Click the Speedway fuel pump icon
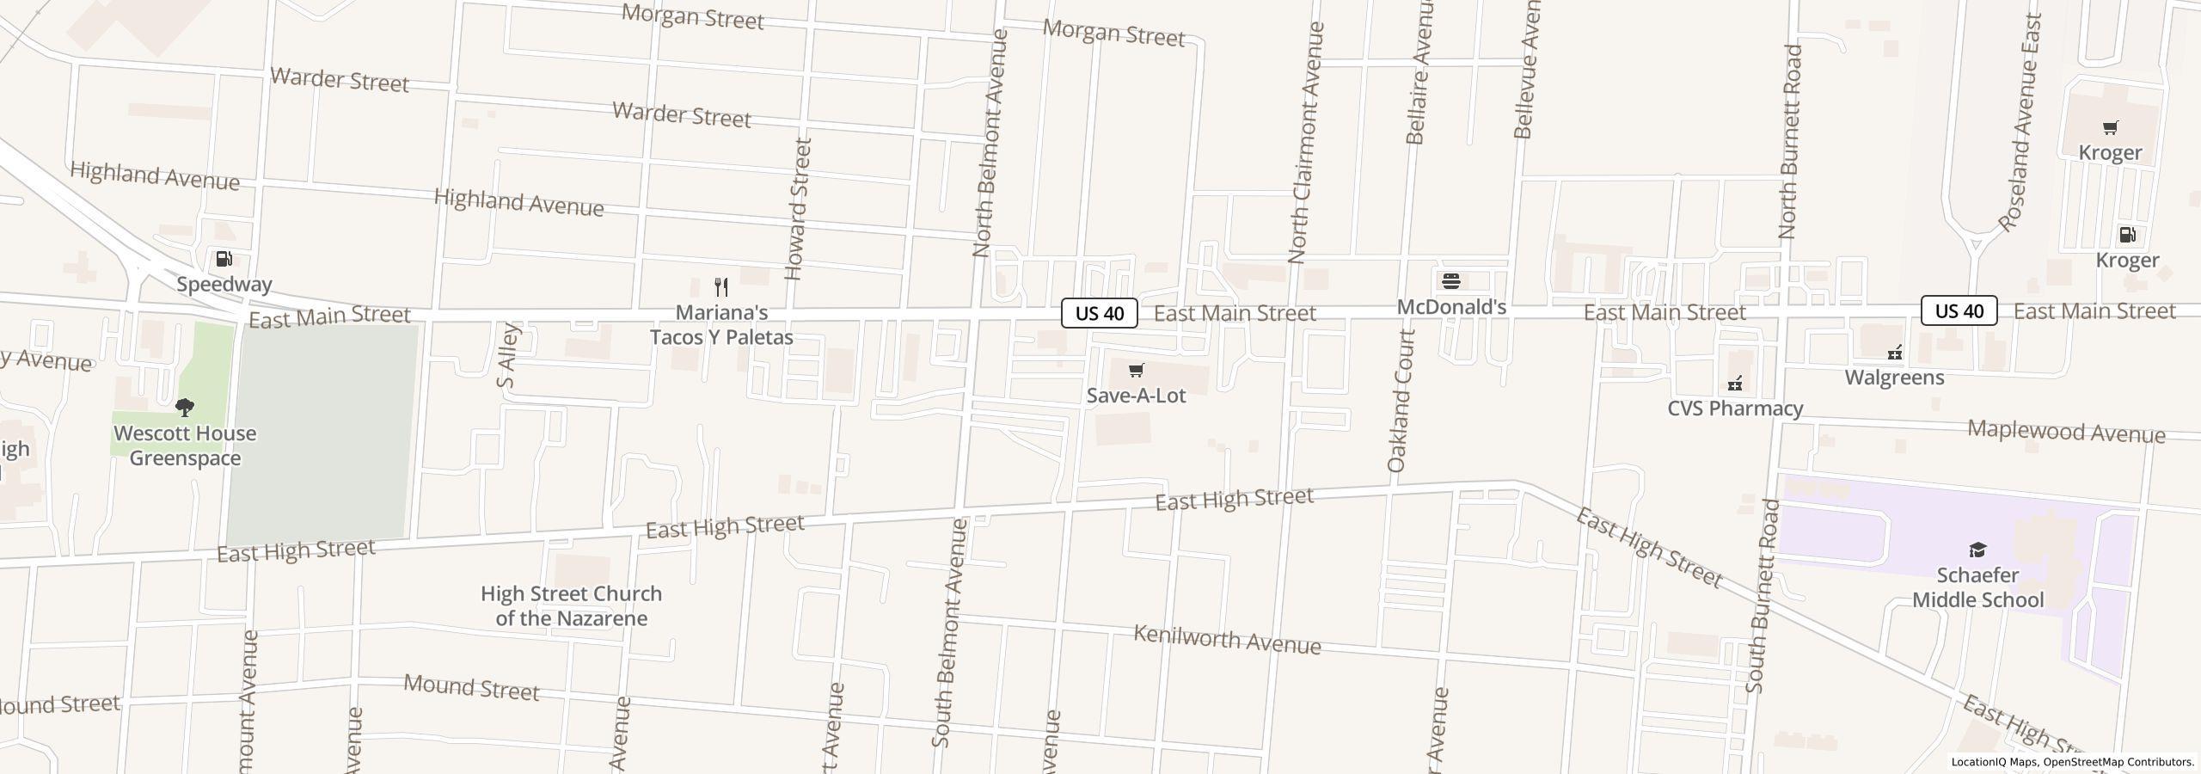[x=224, y=259]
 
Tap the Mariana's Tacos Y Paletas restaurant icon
[x=721, y=287]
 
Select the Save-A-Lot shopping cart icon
[x=1136, y=371]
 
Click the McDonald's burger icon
[x=1451, y=281]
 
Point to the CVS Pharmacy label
[x=1735, y=408]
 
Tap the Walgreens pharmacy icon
[x=1894, y=353]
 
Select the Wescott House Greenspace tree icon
[x=184, y=407]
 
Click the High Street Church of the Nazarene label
[x=571, y=606]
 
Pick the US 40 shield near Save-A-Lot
[x=1100, y=313]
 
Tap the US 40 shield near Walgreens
[x=1959, y=310]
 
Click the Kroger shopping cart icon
[x=2109, y=128]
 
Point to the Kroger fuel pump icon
[x=2127, y=235]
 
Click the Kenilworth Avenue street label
[x=1227, y=641]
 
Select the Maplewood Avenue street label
[x=2066, y=432]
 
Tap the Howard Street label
[x=799, y=209]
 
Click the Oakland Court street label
[x=1400, y=401]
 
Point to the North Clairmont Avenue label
[x=1306, y=143]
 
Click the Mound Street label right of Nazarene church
[x=471, y=688]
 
